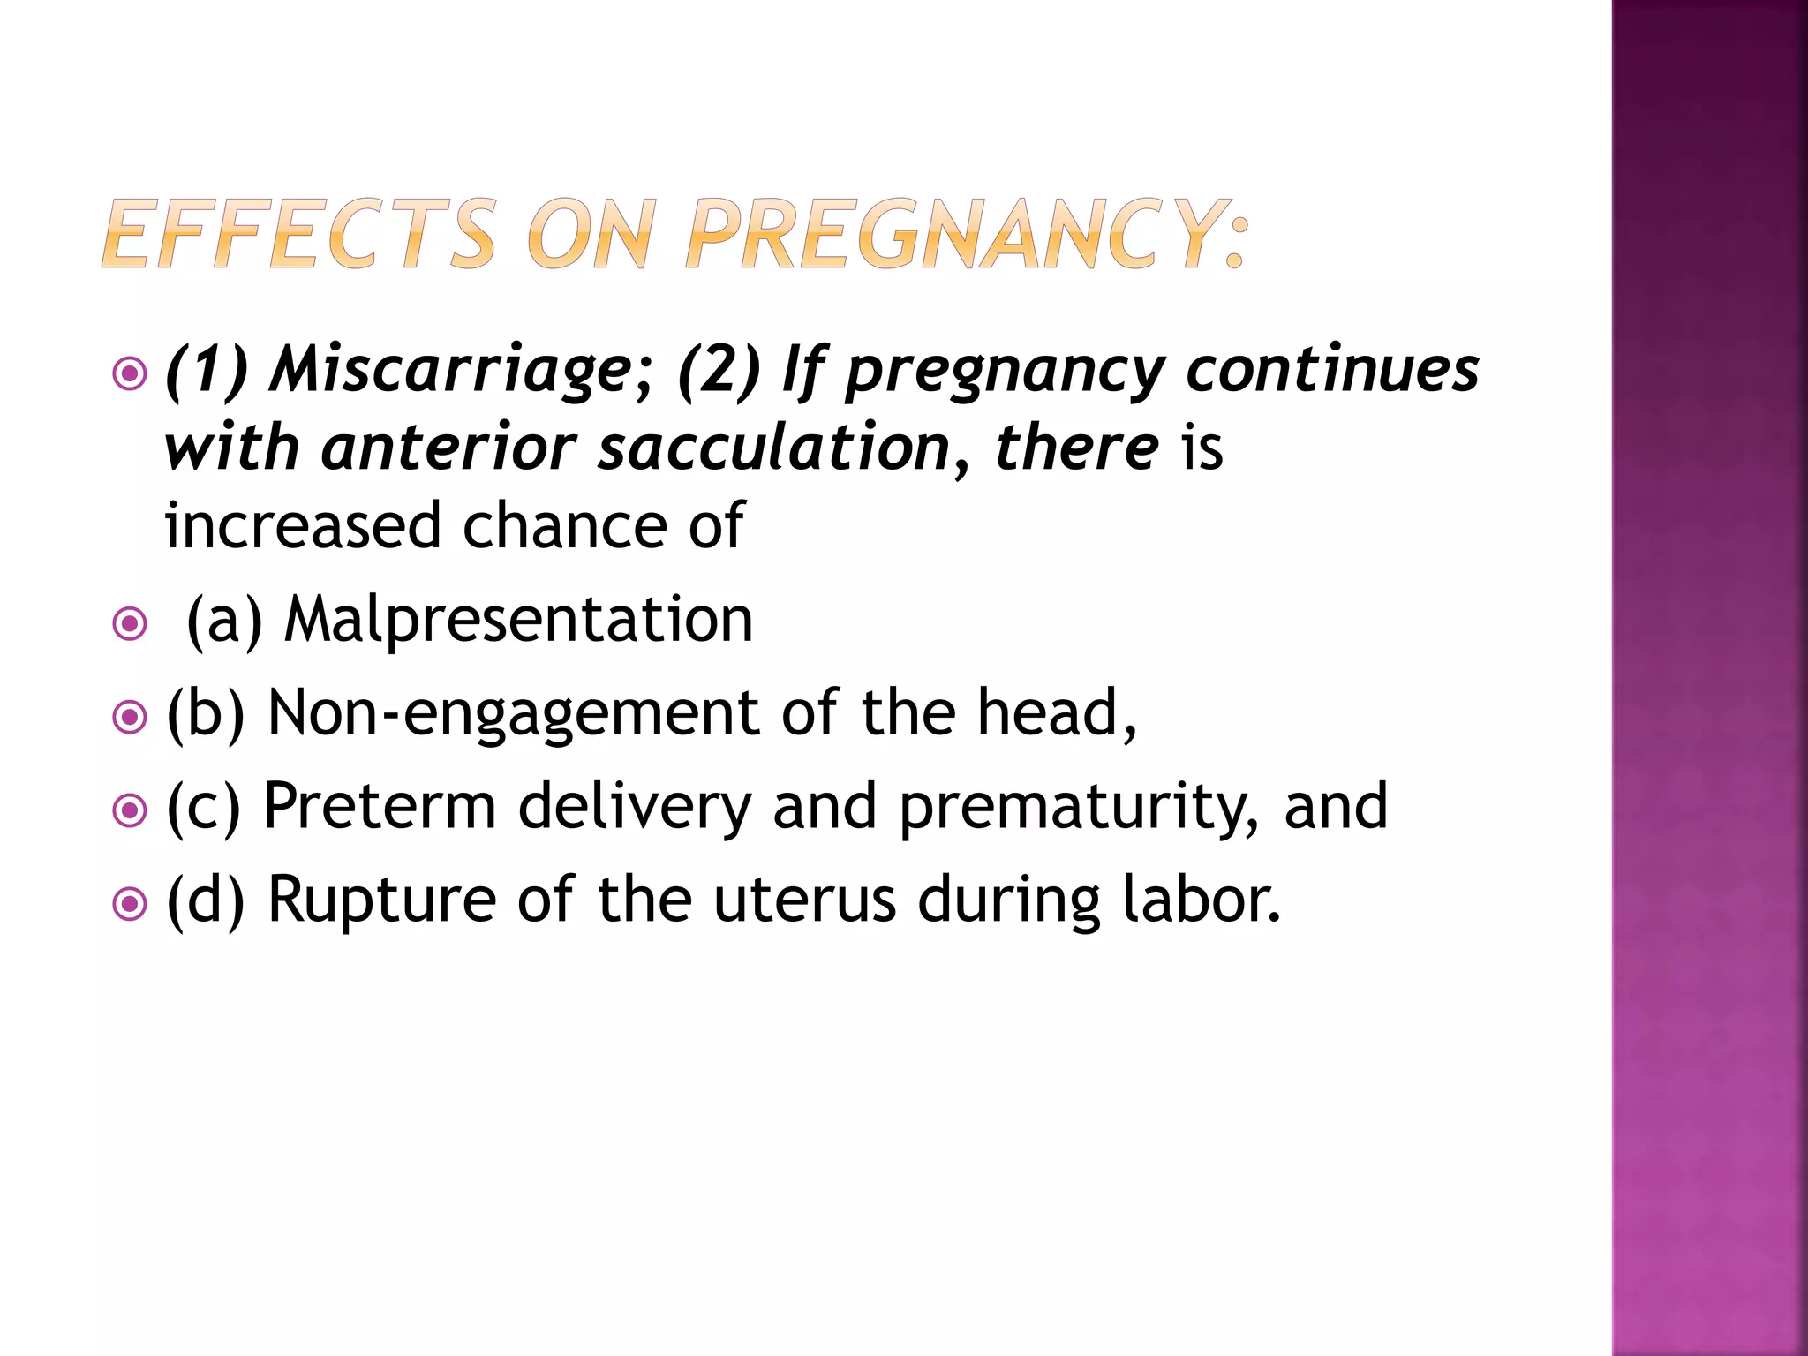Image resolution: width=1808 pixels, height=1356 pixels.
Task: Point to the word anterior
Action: pos(448,447)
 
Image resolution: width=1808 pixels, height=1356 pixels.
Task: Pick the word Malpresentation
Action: pos(518,619)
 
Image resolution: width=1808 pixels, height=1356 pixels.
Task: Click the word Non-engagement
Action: pos(513,713)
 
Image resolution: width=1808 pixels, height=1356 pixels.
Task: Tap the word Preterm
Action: pos(380,807)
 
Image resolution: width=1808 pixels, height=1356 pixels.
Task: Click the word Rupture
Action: pos(381,900)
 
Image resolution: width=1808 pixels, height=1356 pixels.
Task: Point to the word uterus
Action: pos(805,900)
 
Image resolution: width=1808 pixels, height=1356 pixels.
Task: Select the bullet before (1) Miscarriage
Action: pos(130,374)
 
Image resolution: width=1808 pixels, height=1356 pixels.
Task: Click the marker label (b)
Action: pos(205,713)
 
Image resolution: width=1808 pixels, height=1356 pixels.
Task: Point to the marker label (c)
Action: pos(203,807)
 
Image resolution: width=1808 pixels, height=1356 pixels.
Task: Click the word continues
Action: pos(1332,369)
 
